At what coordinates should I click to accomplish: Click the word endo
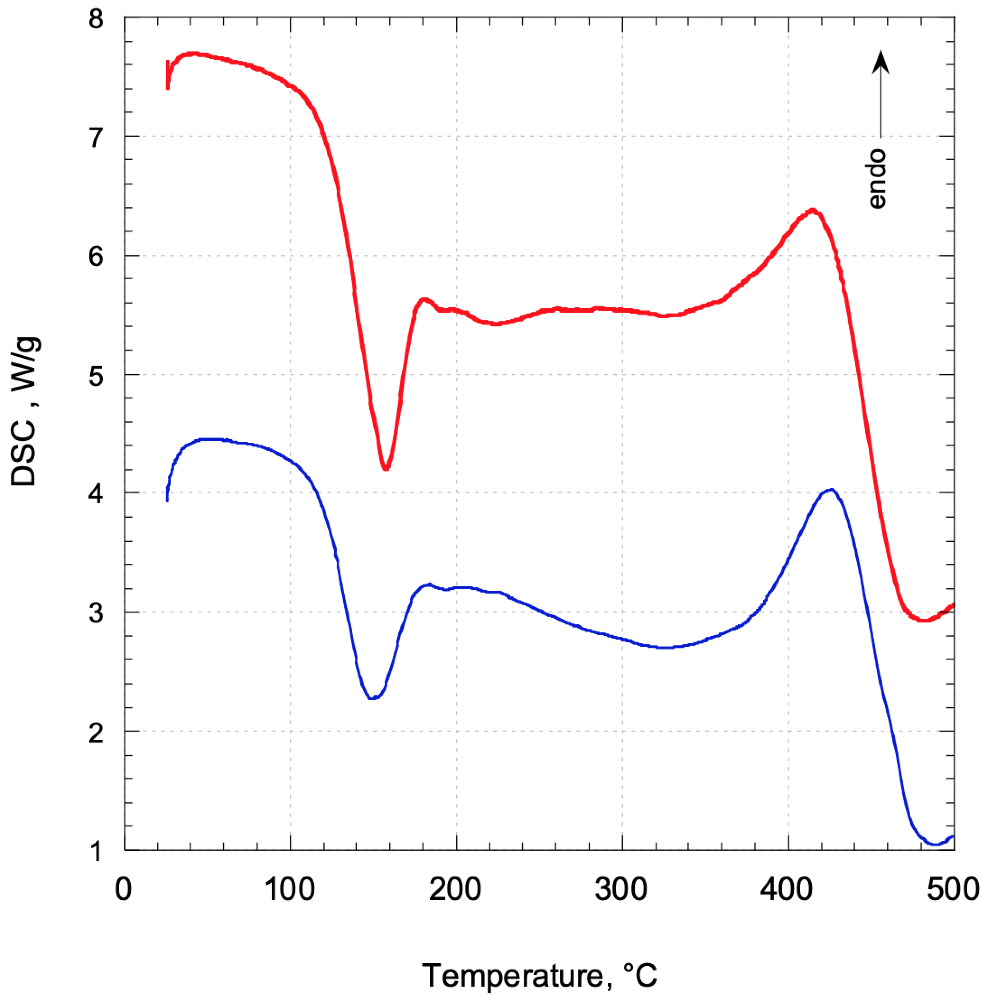(x=877, y=179)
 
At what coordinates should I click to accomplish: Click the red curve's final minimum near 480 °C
(x=923, y=620)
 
